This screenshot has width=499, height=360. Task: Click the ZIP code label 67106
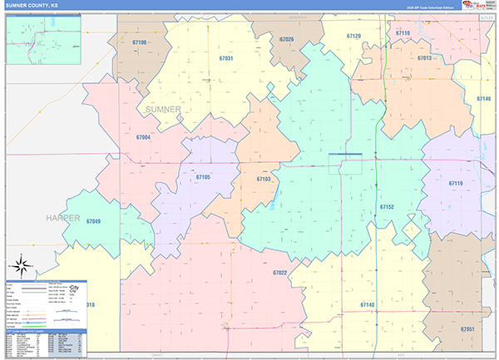click(139, 42)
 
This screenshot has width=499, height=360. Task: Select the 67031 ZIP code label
click(226, 59)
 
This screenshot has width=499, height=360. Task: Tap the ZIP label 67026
click(287, 39)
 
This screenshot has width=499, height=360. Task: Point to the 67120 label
click(353, 37)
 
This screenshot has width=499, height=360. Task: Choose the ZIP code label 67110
click(403, 32)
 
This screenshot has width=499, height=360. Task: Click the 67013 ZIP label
click(425, 58)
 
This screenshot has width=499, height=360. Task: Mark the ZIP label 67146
click(484, 98)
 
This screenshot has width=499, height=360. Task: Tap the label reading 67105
click(203, 177)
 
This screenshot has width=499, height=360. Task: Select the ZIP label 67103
click(264, 179)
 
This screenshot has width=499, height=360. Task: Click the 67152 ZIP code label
click(387, 206)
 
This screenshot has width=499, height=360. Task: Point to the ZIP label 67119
click(456, 183)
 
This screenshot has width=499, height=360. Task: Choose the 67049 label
click(93, 221)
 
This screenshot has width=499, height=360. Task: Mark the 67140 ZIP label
click(368, 306)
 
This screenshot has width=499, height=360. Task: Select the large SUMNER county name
click(162, 110)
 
